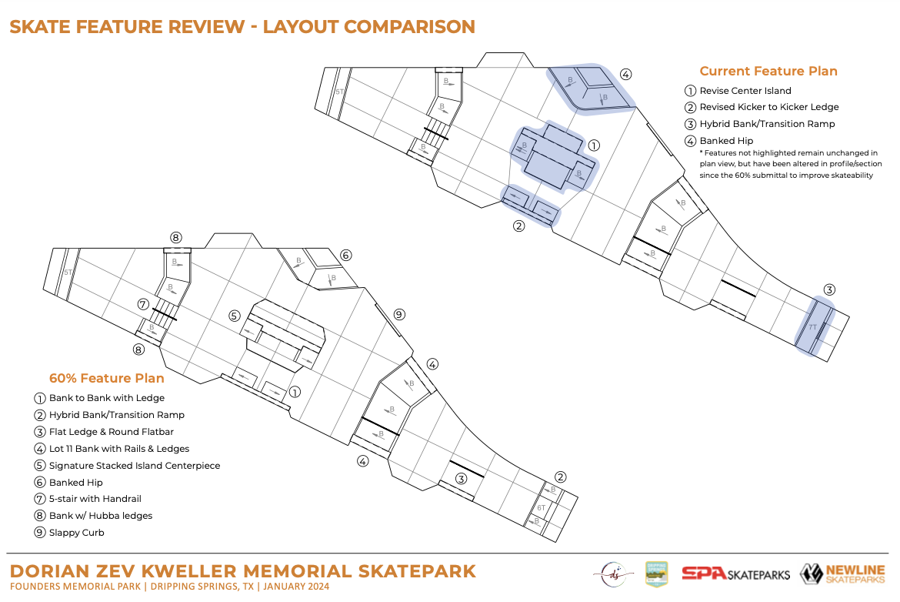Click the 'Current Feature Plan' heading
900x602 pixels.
(768, 72)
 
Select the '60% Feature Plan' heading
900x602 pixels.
(106, 379)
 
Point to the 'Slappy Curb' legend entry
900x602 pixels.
(75, 533)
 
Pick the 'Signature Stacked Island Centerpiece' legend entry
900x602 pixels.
(134, 466)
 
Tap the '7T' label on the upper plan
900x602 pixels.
(813, 327)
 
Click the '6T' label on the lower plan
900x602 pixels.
(541, 507)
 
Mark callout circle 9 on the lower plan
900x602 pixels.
(398, 314)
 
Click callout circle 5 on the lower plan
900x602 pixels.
(235, 315)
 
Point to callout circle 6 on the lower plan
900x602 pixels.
(345, 255)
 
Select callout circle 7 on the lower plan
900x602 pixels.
(143, 304)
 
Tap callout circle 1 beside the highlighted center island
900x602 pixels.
(593, 145)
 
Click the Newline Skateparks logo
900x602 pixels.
(842, 574)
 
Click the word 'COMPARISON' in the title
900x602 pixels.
(409, 27)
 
